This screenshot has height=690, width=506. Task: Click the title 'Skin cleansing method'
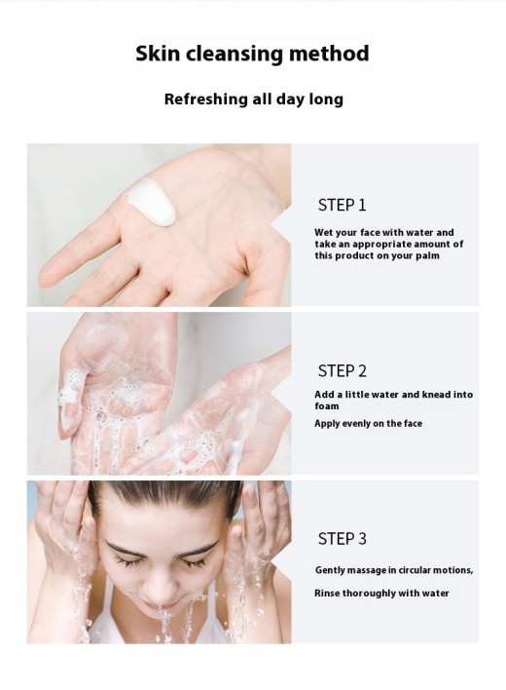(252, 54)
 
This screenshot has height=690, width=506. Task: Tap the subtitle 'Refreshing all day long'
(253, 99)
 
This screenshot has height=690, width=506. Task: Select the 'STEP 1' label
(342, 205)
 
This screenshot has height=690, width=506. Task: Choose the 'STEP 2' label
(342, 370)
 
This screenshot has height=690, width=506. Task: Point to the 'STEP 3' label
(342, 538)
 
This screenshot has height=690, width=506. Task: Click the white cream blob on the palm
(151, 201)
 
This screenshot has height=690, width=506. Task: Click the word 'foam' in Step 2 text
(327, 406)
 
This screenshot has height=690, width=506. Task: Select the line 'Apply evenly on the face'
(368, 424)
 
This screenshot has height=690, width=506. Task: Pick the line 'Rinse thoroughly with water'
(381, 593)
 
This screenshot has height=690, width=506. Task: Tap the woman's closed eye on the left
(126, 561)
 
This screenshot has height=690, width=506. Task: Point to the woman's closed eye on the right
(194, 561)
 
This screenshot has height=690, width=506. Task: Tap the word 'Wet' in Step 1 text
(324, 232)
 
